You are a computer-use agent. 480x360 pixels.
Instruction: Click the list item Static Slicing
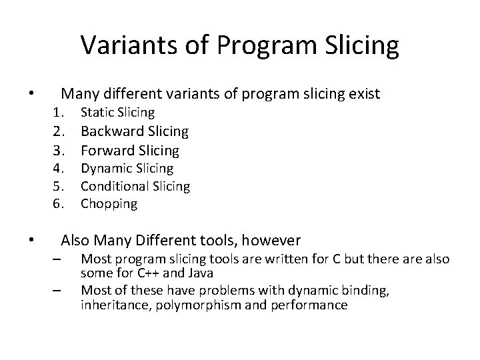coord(117,113)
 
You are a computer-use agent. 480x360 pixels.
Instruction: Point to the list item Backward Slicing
coord(134,131)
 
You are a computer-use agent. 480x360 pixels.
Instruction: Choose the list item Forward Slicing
coord(129,150)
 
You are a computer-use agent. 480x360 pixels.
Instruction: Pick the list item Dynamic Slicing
coord(127,169)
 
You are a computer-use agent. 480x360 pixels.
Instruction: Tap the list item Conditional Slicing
coord(135,187)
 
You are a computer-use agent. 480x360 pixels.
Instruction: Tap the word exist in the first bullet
coord(363,94)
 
